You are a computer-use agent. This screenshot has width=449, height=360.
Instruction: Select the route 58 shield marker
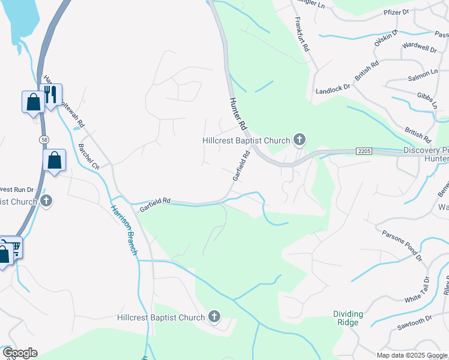[x=44, y=139]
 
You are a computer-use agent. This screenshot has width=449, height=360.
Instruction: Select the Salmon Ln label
[x=423, y=74]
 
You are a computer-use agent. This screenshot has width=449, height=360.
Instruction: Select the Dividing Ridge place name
[x=349, y=318]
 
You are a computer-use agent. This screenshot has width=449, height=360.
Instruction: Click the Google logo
[x=19, y=353]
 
